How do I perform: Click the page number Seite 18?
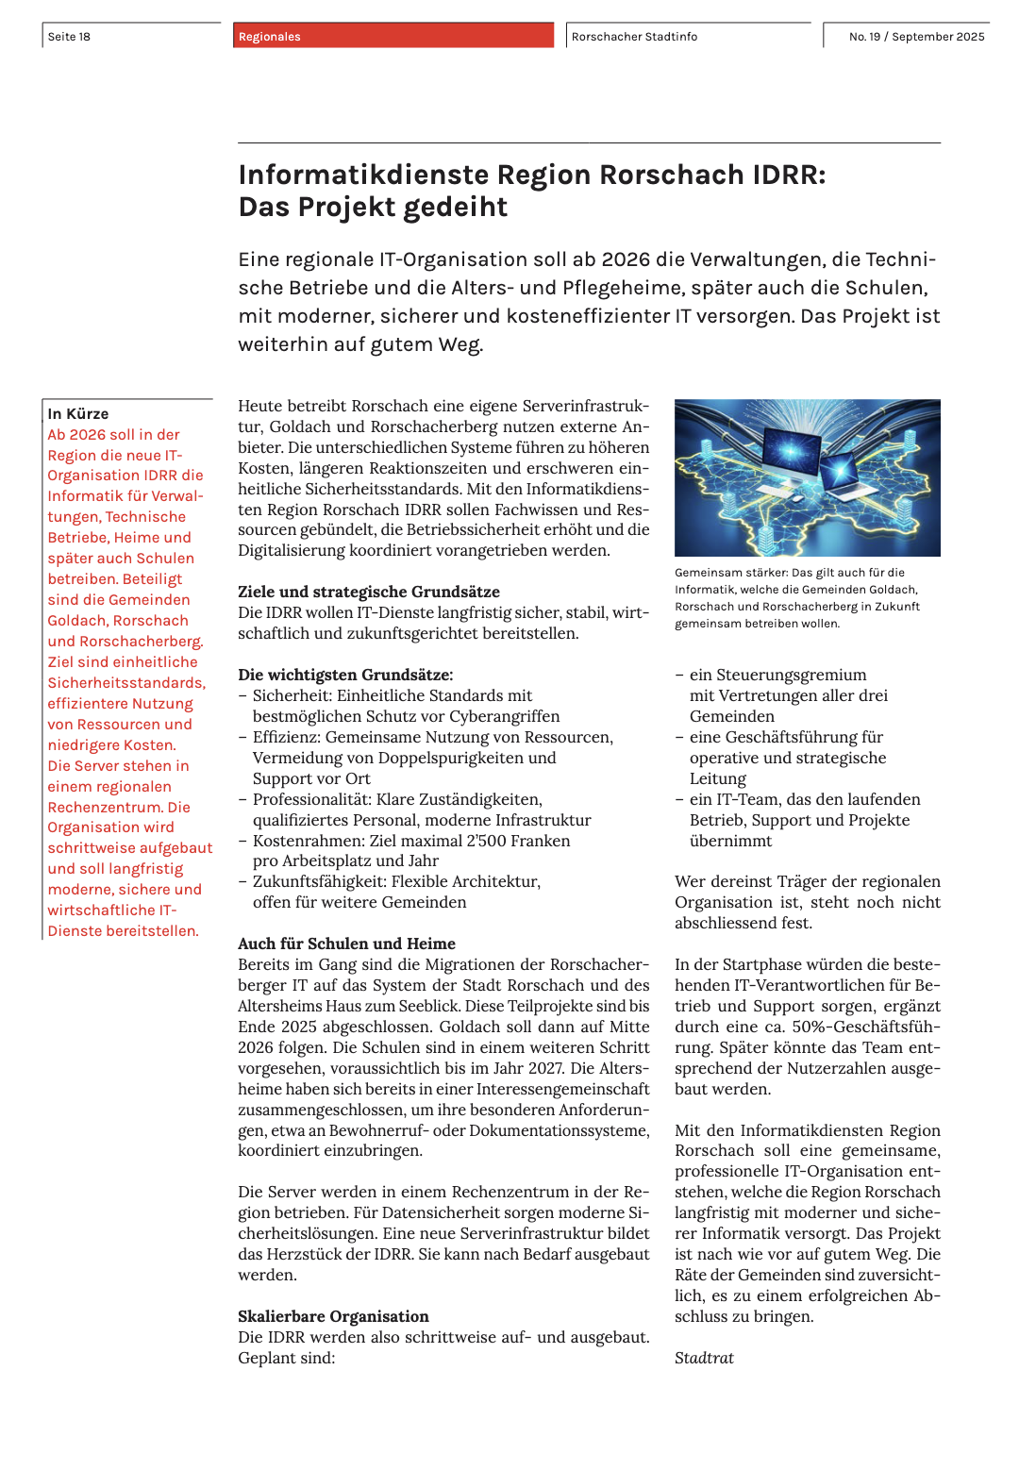pyautogui.click(x=70, y=37)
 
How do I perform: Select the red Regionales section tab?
pyautogui.click(x=270, y=37)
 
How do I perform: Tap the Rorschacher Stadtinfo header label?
pyautogui.click(x=634, y=37)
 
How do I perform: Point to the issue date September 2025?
pyautogui.click(x=938, y=37)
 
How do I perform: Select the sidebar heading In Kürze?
pyautogui.click(x=78, y=414)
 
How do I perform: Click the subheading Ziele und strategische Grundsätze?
pyautogui.click(x=369, y=592)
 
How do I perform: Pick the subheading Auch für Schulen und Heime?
pyautogui.click(x=346, y=944)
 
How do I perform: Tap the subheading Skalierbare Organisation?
pyautogui.click(x=333, y=1316)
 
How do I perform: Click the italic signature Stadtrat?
pyautogui.click(x=704, y=1358)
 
